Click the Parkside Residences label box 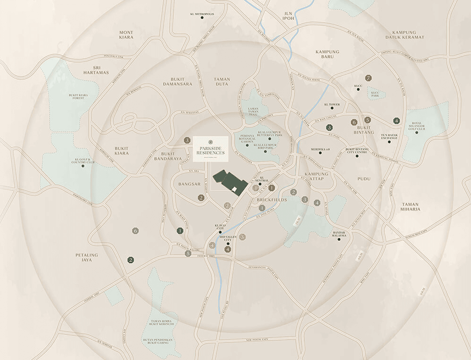210,149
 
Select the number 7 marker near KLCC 369,78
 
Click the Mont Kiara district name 126,35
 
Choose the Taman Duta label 222,82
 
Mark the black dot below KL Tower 332,108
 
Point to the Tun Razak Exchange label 389,137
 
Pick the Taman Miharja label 410,207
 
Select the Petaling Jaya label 87,257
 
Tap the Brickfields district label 272,199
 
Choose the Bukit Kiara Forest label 76,96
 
